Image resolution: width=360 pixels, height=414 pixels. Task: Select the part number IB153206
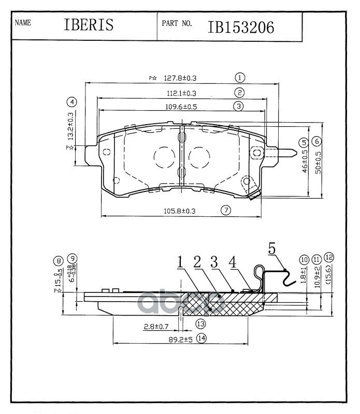tap(241, 27)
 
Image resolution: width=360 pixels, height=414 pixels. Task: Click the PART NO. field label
tap(177, 23)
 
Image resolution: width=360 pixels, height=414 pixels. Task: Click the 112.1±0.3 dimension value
tap(181, 94)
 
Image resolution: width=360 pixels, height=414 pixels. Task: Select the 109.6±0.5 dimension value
tap(181, 107)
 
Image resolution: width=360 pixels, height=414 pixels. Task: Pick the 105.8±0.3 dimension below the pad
tap(179, 211)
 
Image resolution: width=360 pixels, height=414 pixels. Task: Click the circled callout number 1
tap(239, 78)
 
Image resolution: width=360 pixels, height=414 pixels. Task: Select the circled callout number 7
tap(225, 210)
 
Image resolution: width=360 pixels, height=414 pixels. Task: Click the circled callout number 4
tap(73, 101)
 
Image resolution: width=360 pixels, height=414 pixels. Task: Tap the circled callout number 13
tap(200, 323)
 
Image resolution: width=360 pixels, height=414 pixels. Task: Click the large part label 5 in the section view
tap(272, 248)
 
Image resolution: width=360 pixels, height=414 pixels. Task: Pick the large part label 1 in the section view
tap(180, 263)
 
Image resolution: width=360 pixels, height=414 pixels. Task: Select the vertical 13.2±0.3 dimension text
tap(70, 126)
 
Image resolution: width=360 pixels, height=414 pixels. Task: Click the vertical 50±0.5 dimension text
tap(318, 162)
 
